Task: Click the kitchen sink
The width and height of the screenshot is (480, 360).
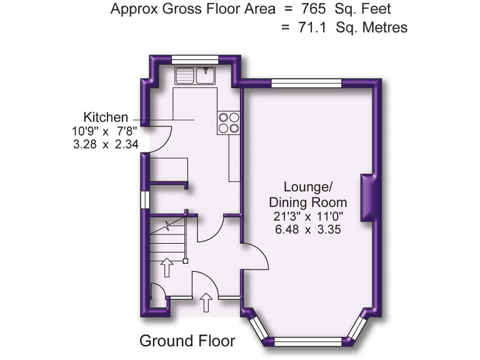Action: pos(194,76)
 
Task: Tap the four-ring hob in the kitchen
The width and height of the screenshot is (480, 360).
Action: pos(228,122)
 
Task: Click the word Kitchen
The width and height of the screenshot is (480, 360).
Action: pos(106,117)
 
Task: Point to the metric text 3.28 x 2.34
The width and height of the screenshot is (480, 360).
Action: pos(104,144)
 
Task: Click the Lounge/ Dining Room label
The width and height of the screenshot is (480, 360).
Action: pos(307,194)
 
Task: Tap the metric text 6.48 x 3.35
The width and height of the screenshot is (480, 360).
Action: pos(307,229)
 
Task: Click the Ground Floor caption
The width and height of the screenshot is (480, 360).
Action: pos(187,341)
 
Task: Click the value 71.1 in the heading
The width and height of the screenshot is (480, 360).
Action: pos(314,27)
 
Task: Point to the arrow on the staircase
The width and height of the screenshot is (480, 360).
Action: pos(166,267)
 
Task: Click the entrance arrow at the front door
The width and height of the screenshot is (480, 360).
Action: pos(205,304)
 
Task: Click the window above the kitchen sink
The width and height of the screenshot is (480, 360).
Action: pos(194,59)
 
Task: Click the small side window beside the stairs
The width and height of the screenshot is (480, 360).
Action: pos(145,199)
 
